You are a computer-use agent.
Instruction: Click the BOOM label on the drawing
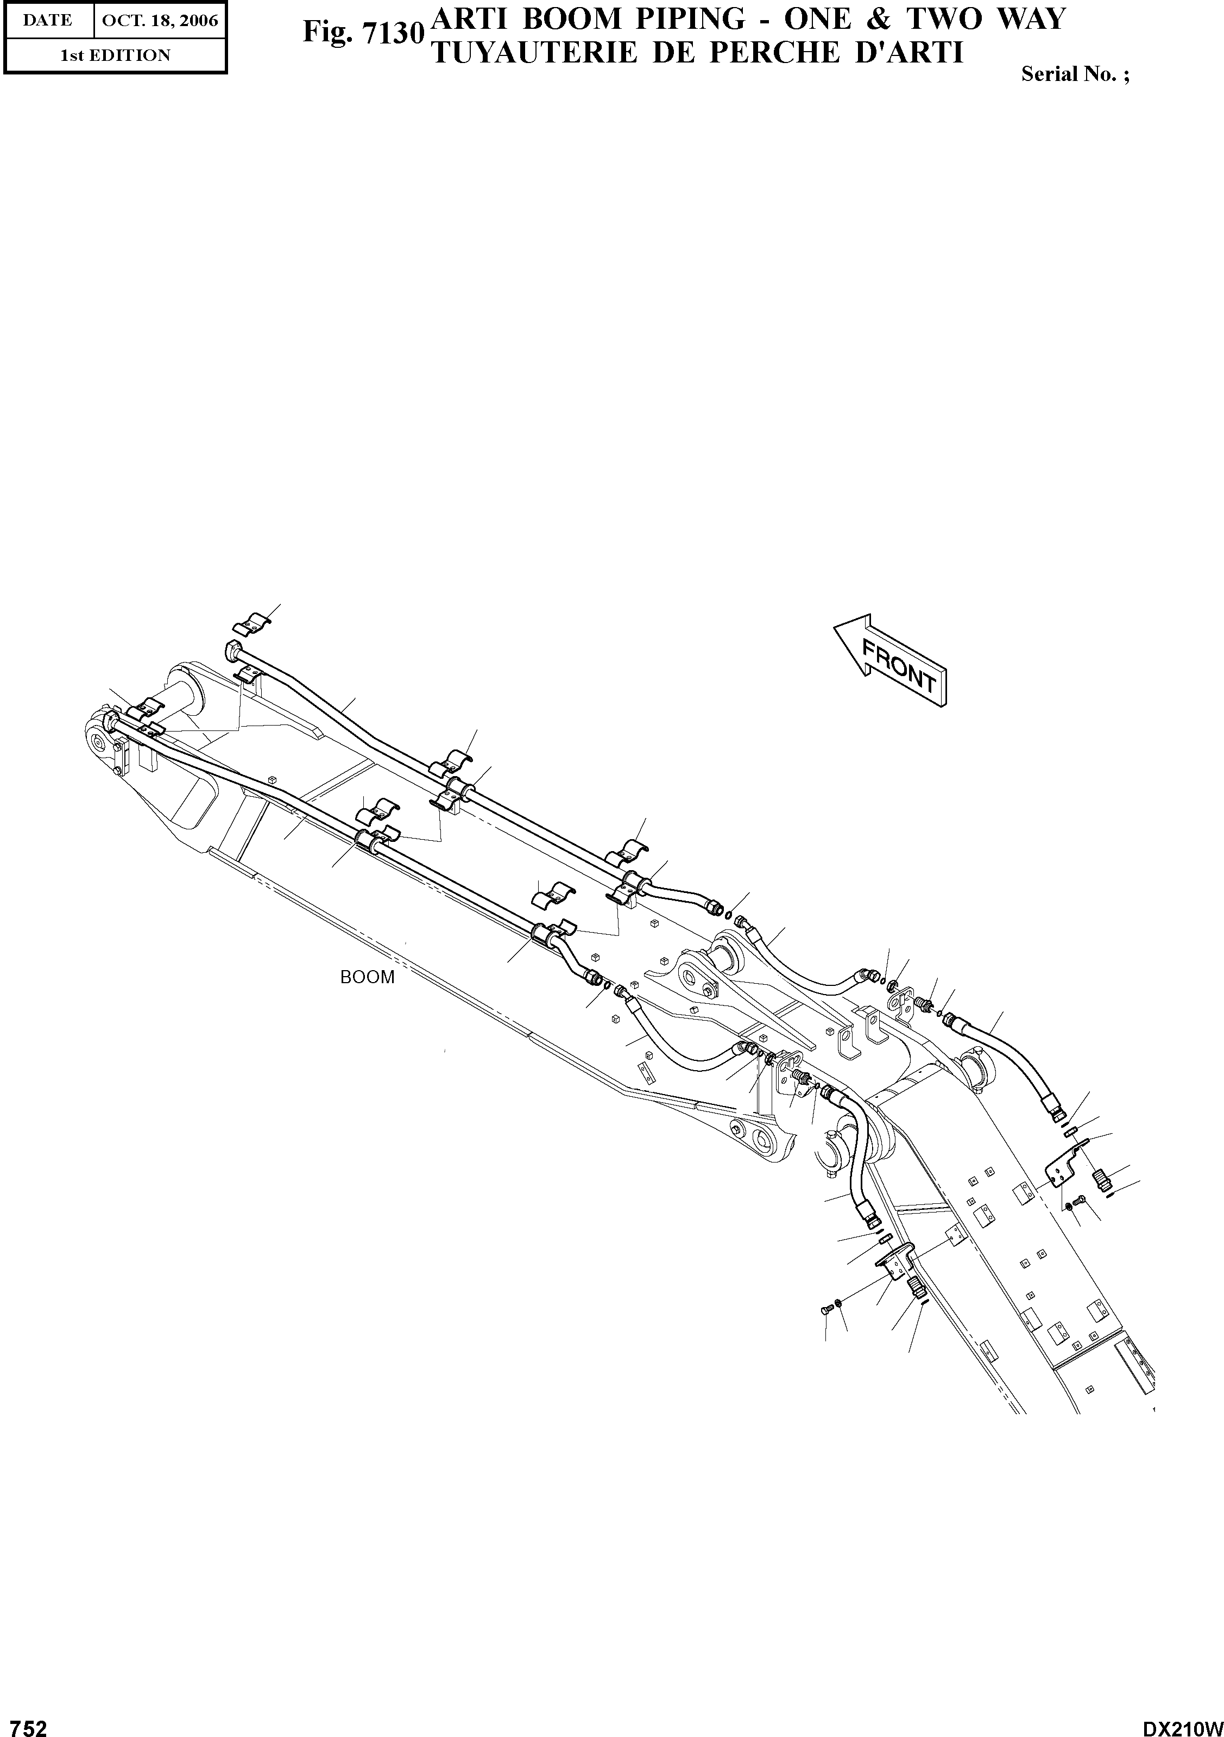tap(368, 977)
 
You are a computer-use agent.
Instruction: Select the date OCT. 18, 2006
tap(160, 21)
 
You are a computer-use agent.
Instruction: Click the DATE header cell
tap(48, 21)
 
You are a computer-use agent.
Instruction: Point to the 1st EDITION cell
tap(116, 55)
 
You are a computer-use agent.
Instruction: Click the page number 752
tap(24, 1723)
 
